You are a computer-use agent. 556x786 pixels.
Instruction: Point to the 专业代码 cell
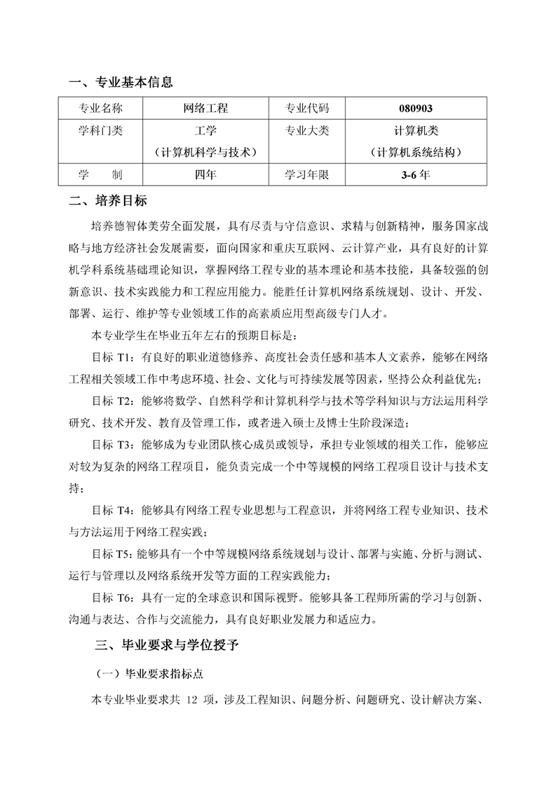306,109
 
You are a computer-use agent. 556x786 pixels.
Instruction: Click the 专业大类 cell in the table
306,131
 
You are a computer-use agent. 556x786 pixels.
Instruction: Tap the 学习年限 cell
306,174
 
